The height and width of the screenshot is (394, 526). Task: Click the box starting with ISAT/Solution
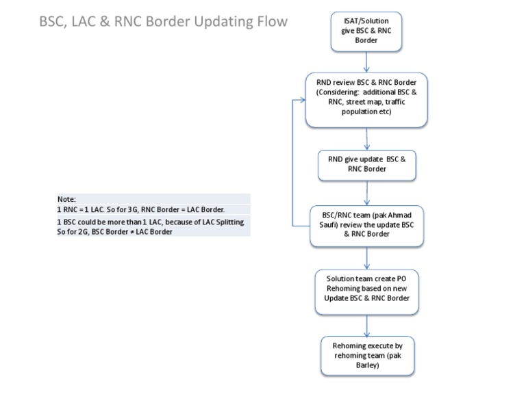(366, 31)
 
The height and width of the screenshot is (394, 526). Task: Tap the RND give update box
(367, 164)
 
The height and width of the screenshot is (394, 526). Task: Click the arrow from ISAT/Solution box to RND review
(367, 62)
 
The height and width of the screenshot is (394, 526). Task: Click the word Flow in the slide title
(269, 22)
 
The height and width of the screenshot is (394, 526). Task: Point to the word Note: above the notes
(66, 198)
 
